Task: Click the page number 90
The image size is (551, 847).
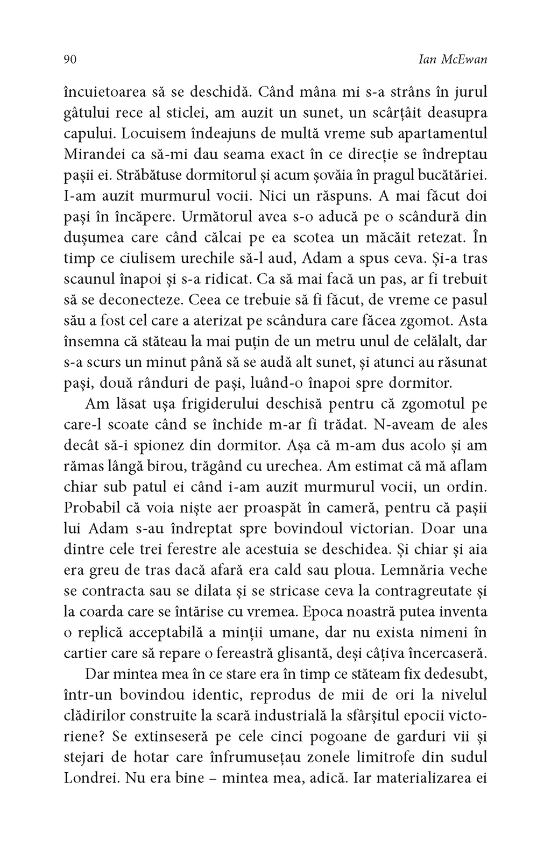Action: (x=70, y=60)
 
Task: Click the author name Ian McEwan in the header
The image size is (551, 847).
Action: (x=452, y=60)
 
